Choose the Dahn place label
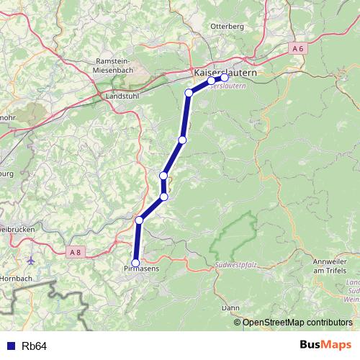tap(230, 307)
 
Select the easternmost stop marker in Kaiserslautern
tap(224, 77)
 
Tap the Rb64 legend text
tap(34, 346)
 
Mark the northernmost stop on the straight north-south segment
tap(189, 92)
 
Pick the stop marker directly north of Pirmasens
tap(139, 220)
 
